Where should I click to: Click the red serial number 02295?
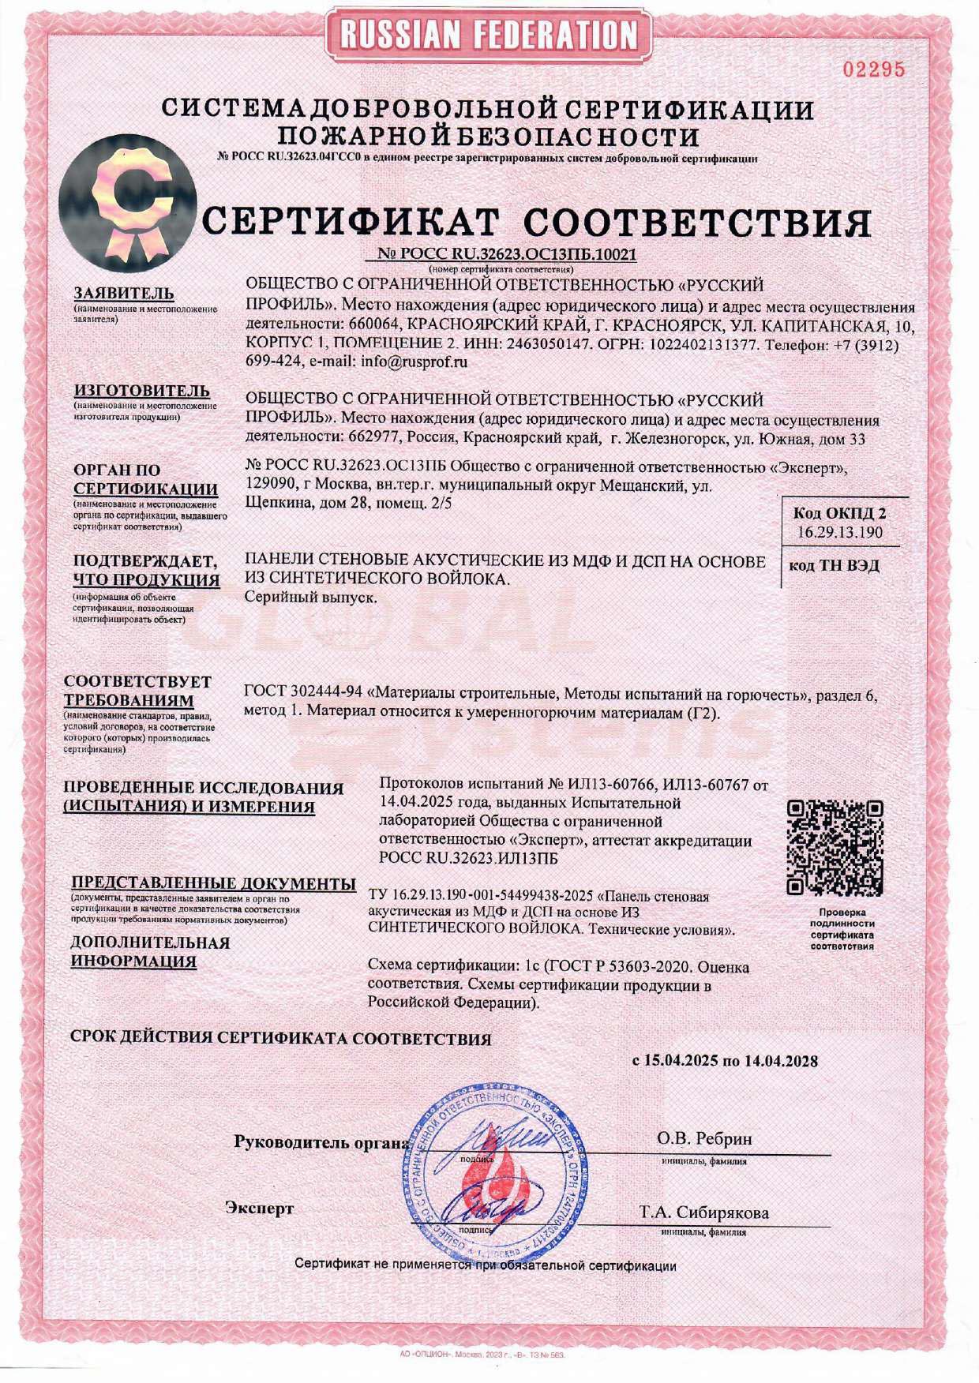(873, 69)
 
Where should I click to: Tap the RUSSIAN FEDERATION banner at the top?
(489, 35)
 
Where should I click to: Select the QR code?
(835, 848)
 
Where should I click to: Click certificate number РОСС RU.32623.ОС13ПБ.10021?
(502, 255)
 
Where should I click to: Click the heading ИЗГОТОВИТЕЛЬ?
(142, 391)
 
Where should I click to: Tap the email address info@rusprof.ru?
(414, 362)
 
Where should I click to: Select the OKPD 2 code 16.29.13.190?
(839, 532)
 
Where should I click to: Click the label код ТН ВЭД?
(834, 566)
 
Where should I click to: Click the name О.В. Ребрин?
(704, 1139)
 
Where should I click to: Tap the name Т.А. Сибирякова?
(704, 1212)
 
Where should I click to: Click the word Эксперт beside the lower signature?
(260, 1209)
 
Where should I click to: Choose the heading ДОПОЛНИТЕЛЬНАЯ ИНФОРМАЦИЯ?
(150, 952)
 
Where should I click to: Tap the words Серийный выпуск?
(310, 598)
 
